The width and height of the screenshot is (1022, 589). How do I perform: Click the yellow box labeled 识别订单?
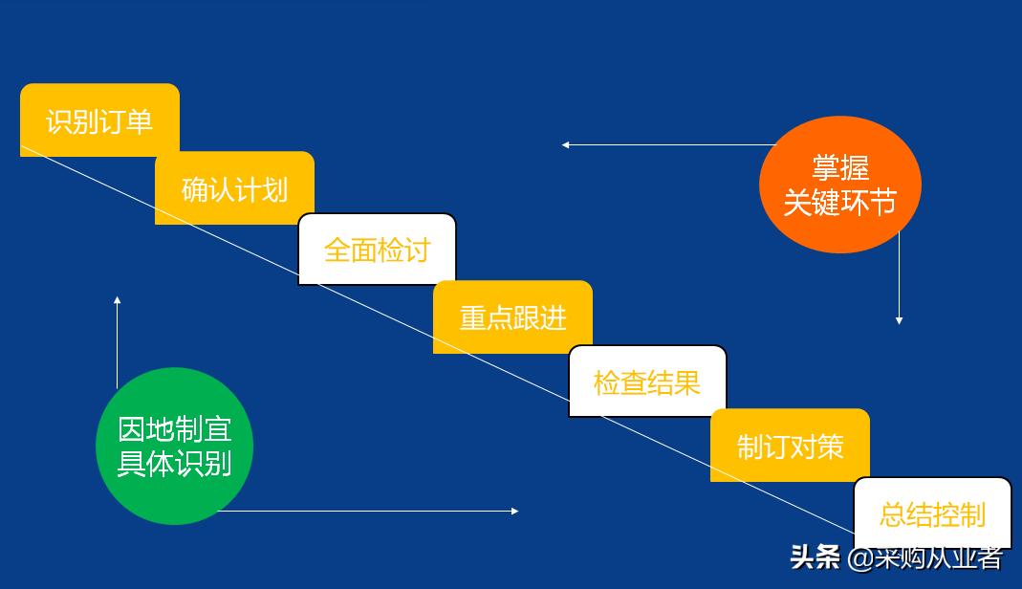tap(99, 120)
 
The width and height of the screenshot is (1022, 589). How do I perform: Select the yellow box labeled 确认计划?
tap(234, 188)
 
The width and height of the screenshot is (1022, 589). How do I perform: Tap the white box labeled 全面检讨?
tap(377, 250)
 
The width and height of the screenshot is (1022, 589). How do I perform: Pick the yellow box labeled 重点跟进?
tap(512, 317)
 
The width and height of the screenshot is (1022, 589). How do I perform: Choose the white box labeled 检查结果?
tap(647, 382)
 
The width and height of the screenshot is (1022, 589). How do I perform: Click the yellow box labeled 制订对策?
tap(790, 446)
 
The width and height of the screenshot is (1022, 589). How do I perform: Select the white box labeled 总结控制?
tap(932, 514)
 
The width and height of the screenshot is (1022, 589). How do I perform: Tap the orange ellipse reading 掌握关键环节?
tap(839, 185)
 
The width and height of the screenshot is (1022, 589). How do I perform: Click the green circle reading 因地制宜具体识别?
tap(174, 446)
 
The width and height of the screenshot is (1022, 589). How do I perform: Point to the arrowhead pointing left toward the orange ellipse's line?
tap(566, 145)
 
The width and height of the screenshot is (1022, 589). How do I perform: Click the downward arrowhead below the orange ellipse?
tap(899, 320)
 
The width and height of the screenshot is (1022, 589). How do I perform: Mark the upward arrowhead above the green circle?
tap(118, 300)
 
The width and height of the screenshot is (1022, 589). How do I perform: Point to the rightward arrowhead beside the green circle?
tap(514, 511)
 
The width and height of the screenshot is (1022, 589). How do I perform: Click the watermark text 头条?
tap(815, 556)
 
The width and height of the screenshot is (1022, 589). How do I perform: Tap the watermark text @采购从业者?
tap(925, 557)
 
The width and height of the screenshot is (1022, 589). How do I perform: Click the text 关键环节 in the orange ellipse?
tap(839, 202)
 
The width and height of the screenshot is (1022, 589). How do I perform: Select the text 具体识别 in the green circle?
tap(174, 463)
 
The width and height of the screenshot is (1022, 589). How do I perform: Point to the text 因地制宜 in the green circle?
tap(174, 429)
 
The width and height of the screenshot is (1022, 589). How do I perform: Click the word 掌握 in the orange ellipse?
tap(839, 168)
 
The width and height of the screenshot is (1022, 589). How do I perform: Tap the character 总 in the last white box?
tap(892, 515)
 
